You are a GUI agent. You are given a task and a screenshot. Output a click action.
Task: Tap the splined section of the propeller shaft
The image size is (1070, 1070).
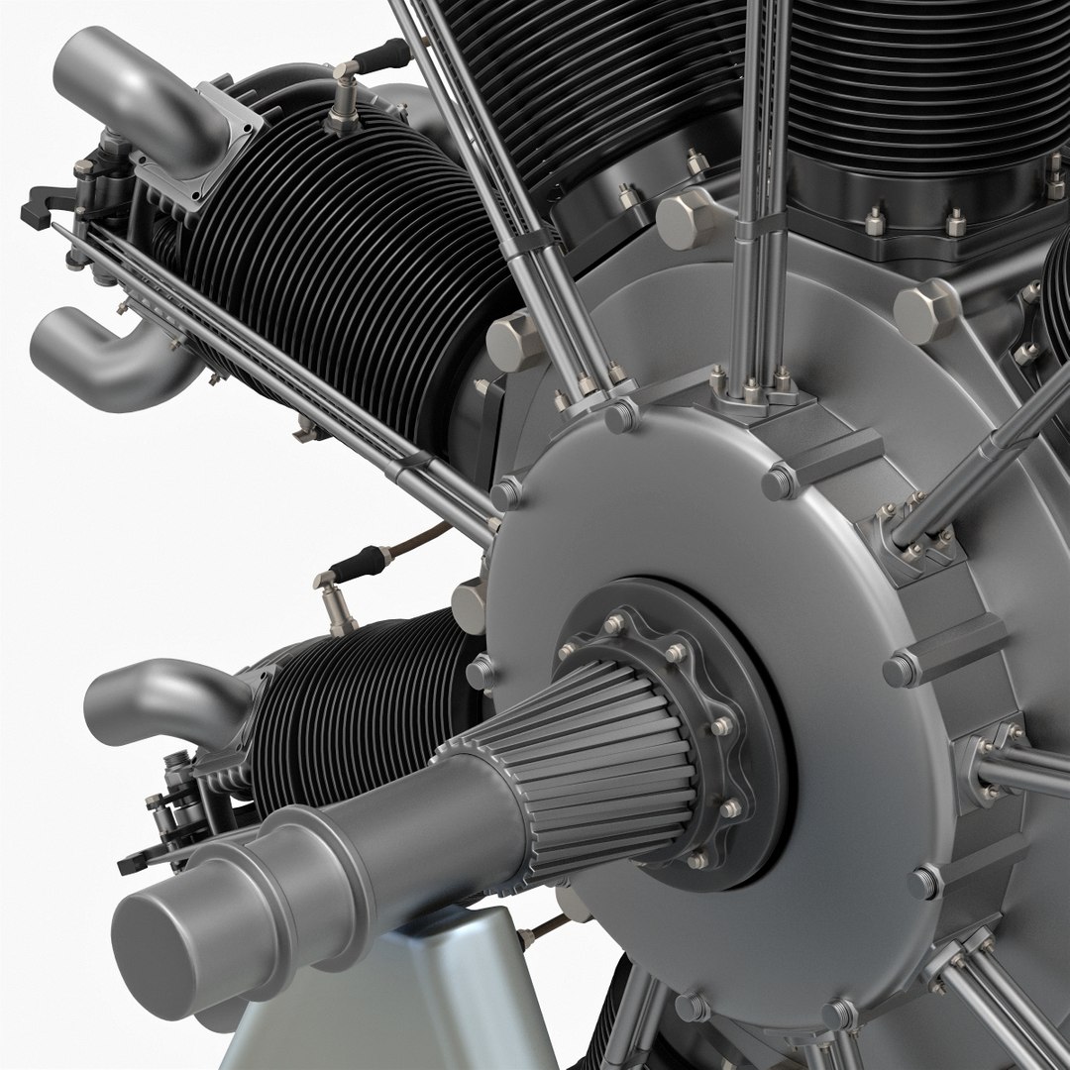coord(594,753)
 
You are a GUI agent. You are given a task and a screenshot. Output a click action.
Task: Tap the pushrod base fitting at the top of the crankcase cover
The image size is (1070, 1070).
coord(753,391)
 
